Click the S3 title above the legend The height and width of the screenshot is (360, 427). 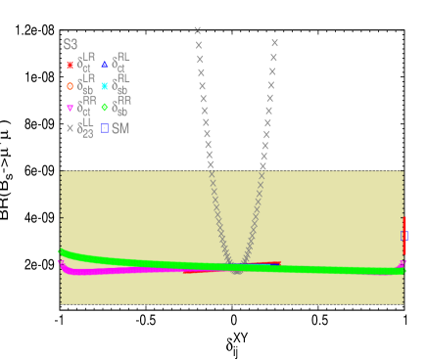tap(71, 44)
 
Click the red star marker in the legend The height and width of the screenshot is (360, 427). tap(70, 66)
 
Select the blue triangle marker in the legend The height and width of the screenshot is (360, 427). tap(105, 65)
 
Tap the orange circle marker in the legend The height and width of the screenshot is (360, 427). tap(70, 86)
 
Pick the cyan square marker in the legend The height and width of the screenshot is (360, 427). tap(105, 86)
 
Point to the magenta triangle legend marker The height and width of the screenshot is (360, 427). tap(70, 108)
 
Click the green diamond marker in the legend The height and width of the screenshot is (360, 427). tap(105, 108)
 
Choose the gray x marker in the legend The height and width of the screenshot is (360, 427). tap(70, 128)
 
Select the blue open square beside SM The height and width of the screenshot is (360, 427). tap(105, 128)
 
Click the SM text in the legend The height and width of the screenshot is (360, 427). tap(120, 128)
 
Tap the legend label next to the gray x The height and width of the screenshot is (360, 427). tap(85, 127)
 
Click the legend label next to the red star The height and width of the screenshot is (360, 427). tap(86, 64)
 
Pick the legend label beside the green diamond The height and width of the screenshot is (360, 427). tap(122, 106)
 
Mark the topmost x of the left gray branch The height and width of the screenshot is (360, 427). tap(198, 30)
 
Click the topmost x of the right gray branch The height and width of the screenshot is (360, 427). tap(274, 43)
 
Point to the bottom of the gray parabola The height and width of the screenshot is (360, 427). tap(236, 271)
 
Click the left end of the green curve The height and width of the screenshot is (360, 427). tap(62, 253)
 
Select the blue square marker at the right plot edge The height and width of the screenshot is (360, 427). tap(404, 236)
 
